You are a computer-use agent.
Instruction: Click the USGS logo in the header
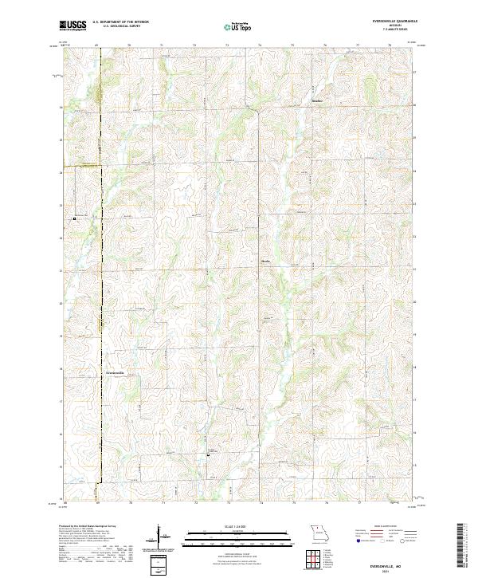coord(73,26)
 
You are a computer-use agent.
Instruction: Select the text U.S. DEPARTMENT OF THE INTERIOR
coord(121,22)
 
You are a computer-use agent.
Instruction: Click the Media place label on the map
coord(266,260)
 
